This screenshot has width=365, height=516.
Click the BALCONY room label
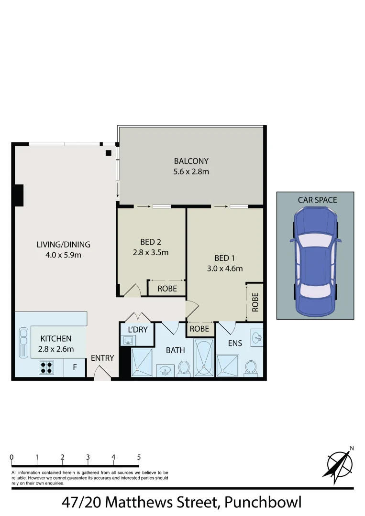point(191,161)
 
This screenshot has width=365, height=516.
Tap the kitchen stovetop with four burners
point(46,367)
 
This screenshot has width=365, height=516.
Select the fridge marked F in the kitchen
point(75,367)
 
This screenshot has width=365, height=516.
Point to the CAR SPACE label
point(317,200)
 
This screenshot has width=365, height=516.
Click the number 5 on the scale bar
point(139,457)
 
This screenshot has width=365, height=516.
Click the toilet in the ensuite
point(250,366)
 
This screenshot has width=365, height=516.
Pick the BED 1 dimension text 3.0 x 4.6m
point(225,269)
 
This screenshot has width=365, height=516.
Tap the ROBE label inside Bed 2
point(167,289)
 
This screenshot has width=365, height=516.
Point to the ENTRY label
point(102,358)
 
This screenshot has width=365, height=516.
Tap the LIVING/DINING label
point(63,245)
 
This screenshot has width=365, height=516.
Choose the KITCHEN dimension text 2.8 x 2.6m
point(56,349)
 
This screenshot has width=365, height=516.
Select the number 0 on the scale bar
point(11,457)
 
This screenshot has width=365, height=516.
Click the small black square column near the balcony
point(109,152)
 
